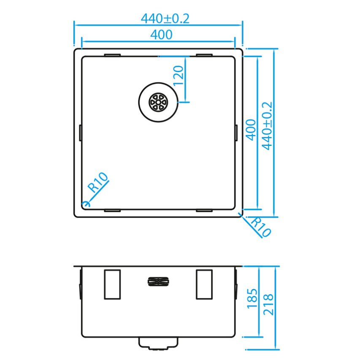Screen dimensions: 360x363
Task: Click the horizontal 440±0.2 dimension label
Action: [165, 19]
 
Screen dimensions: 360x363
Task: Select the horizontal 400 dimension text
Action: [161, 35]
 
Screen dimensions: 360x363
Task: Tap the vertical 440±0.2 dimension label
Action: [267, 126]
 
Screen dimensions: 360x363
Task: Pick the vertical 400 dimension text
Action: [251, 130]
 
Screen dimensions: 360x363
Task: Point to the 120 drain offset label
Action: [179, 76]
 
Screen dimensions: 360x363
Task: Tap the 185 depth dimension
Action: [252, 298]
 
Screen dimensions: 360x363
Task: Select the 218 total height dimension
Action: [268, 304]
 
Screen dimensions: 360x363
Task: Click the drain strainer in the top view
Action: [158, 102]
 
